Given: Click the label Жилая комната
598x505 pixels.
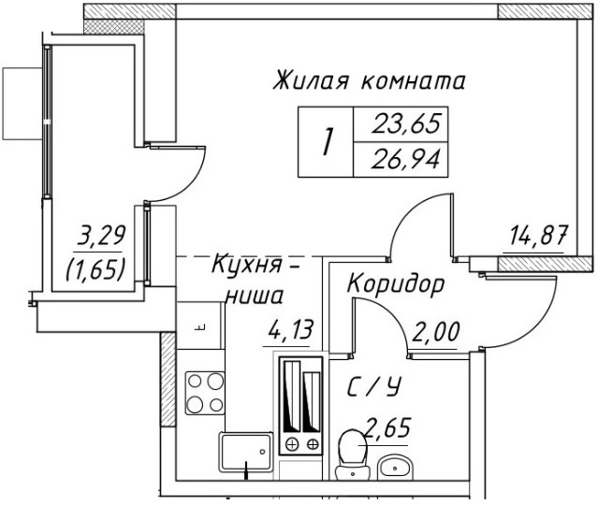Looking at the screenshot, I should point(370,82).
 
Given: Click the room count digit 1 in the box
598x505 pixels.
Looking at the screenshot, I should point(327,142).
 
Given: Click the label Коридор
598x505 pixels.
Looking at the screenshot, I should point(395,283).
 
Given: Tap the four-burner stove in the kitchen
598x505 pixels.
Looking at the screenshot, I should point(204,392).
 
